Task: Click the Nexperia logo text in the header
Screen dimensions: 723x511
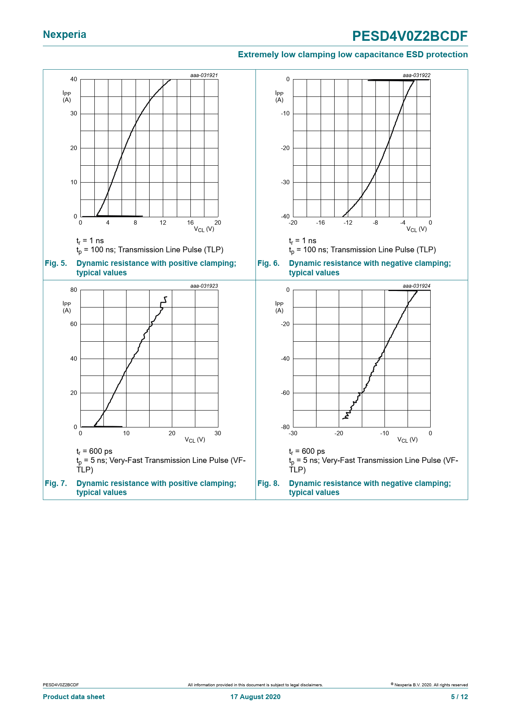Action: [x=64, y=35]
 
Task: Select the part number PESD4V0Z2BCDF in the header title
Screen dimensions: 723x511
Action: [x=410, y=36]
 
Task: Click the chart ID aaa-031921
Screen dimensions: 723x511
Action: [x=204, y=75]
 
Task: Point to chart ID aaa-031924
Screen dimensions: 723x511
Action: [x=416, y=286]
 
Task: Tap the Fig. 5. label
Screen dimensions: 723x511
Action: [x=56, y=263]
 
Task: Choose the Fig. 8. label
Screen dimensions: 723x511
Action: [x=268, y=483]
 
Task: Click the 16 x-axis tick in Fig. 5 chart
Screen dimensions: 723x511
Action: [x=190, y=223]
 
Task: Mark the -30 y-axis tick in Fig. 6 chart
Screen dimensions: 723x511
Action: [x=285, y=182]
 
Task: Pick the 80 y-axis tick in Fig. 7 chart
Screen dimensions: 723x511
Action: [x=74, y=290]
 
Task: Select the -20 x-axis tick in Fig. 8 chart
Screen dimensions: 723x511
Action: [x=338, y=433]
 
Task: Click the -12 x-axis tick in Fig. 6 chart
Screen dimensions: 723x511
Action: [x=348, y=223]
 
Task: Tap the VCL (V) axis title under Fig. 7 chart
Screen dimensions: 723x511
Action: [x=195, y=440]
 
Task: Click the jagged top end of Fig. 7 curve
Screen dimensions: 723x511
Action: [x=165, y=298]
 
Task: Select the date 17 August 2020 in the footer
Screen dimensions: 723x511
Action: [x=255, y=697]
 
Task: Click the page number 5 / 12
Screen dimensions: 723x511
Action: [x=459, y=697]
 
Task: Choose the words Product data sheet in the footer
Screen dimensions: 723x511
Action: [x=74, y=697]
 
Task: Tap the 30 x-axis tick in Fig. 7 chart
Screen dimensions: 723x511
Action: [x=218, y=433]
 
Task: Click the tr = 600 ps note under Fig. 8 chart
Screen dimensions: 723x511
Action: [x=307, y=451]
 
